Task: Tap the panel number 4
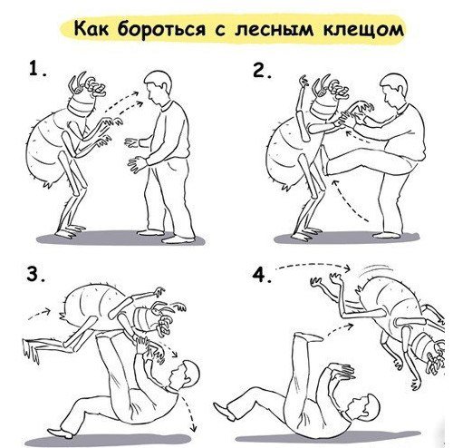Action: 262,277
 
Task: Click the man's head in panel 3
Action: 188,375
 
